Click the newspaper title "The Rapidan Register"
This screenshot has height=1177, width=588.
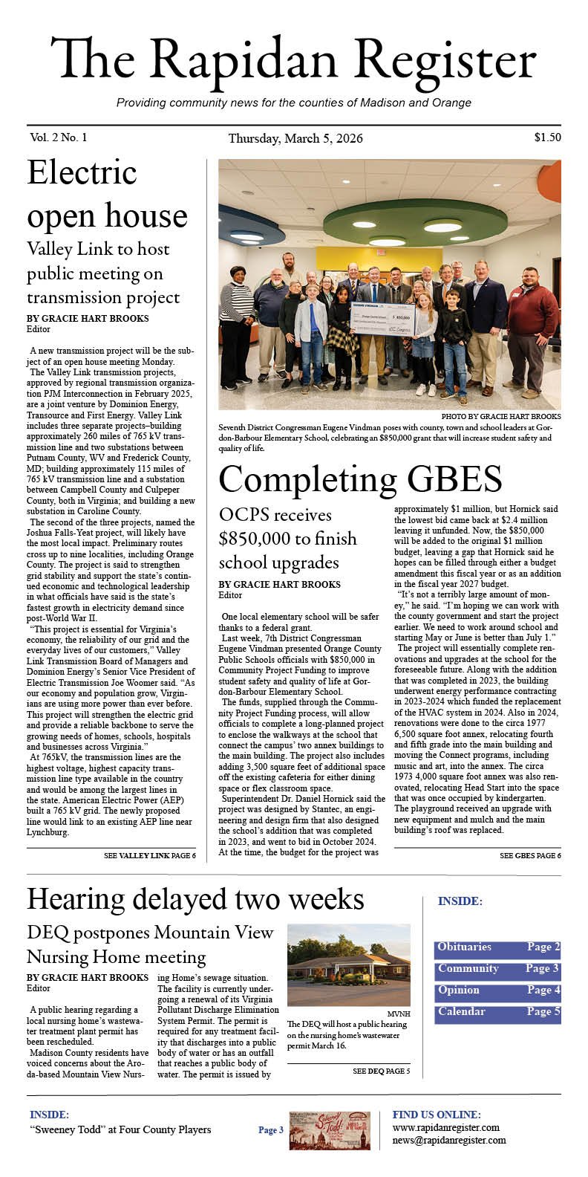(293, 61)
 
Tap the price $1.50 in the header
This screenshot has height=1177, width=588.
(546, 137)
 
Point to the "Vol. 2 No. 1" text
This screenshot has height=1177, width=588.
(59, 137)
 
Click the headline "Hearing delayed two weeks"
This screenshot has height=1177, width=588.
(195, 899)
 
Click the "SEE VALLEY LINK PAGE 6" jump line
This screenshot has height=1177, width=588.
(150, 856)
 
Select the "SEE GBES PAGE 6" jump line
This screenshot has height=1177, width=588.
(529, 856)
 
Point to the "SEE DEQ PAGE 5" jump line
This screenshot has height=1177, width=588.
(381, 1071)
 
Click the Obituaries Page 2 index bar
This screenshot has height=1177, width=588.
(497, 948)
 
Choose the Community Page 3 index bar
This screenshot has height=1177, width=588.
(497, 970)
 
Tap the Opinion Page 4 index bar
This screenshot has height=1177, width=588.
(497, 991)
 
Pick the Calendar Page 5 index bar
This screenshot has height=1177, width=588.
(497, 1013)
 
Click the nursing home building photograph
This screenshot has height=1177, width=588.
(348, 964)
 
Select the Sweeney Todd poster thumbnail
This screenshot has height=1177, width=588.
(329, 1131)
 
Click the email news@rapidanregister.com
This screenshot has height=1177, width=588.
(449, 1141)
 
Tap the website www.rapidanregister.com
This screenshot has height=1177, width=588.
(445, 1128)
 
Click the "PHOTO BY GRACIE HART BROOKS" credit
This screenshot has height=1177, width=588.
(500, 417)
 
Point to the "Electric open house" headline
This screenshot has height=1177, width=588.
(107, 194)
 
